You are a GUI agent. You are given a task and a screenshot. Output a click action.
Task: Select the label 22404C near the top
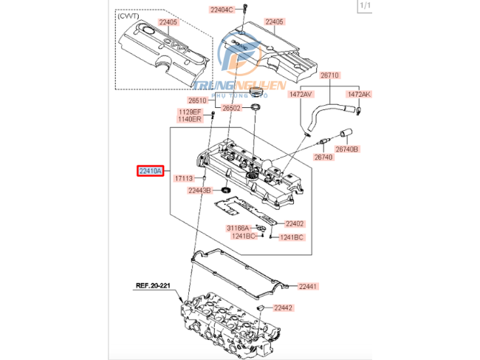click(221, 10)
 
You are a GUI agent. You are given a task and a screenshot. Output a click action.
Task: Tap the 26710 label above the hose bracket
click(329, 75)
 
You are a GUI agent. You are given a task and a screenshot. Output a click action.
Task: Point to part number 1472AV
click(301, 95)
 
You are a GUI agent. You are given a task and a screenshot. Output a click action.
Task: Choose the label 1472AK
click(360, 95)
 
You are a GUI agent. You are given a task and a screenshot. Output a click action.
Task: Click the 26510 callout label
click(199, 101)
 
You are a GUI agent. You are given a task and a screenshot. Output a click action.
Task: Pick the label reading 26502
click(233, 108)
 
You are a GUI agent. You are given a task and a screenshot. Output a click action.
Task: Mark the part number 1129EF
click(188, 112)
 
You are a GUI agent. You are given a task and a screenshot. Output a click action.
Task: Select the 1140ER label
click(188, 119)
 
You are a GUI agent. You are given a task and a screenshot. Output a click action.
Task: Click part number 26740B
click(347, 149)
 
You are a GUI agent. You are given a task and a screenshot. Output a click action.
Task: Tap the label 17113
click(183, 178)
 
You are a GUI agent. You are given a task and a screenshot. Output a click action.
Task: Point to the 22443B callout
click(199, 190)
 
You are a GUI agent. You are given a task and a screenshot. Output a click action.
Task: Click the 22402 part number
click(295, 223)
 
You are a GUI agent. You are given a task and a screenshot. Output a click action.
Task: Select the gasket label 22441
click(307, 286)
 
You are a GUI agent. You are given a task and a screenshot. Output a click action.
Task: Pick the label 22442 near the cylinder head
click(283, 308)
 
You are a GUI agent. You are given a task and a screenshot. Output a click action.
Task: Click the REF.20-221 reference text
click(153, 285)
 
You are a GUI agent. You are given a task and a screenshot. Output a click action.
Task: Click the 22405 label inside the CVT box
click(168, 22)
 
